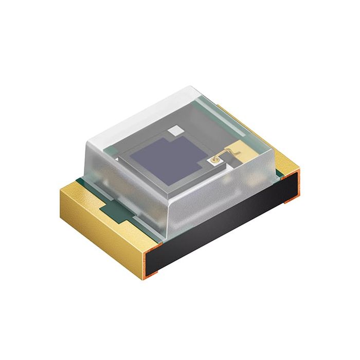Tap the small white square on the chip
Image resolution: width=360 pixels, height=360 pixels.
[x=176, y=131]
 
